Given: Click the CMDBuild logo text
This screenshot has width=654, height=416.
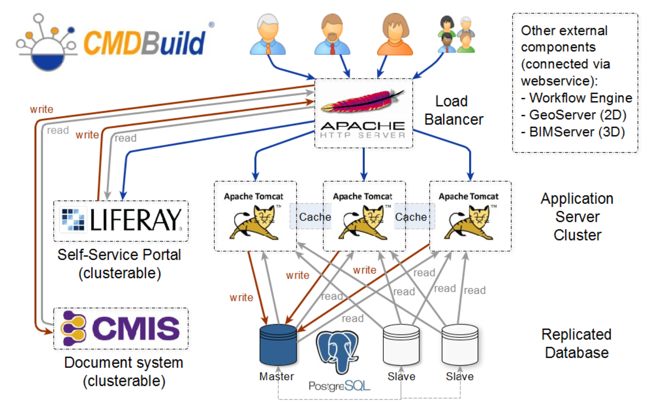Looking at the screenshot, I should (x=144, y=43).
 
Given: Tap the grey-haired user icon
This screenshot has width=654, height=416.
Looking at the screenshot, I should (x=268, y=34).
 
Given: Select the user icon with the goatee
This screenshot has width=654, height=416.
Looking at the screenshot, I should (x=332, y=34).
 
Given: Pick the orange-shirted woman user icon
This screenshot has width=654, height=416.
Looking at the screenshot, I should (x=395, y=34).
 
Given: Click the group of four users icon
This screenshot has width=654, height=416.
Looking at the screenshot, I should (x=457, y=34).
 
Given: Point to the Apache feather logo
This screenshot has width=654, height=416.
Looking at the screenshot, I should (x=363, y=101).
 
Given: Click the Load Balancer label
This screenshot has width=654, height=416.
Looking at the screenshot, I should (x=453, y=110).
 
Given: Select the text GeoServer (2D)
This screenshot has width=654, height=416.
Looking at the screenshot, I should (x=578, y=115).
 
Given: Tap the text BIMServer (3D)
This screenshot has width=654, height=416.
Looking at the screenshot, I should (x=577, y=132).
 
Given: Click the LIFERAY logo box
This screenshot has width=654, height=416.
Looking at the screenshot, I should (x=121, y=221).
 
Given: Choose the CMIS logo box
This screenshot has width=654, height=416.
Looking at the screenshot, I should (x=121, y=328).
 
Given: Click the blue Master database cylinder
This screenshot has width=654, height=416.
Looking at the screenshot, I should (x=278, y=344).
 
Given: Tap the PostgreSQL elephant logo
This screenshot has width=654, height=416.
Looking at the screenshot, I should (x=338, y=351).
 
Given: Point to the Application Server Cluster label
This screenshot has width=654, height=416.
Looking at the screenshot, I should (x=577, y=217).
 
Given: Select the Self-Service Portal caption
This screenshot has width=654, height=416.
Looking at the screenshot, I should (x=119, y=264).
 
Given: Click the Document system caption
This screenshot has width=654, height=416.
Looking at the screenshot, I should (x=124, y=371).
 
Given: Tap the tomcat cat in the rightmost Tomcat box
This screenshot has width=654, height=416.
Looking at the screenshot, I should (x=468, y=223).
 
